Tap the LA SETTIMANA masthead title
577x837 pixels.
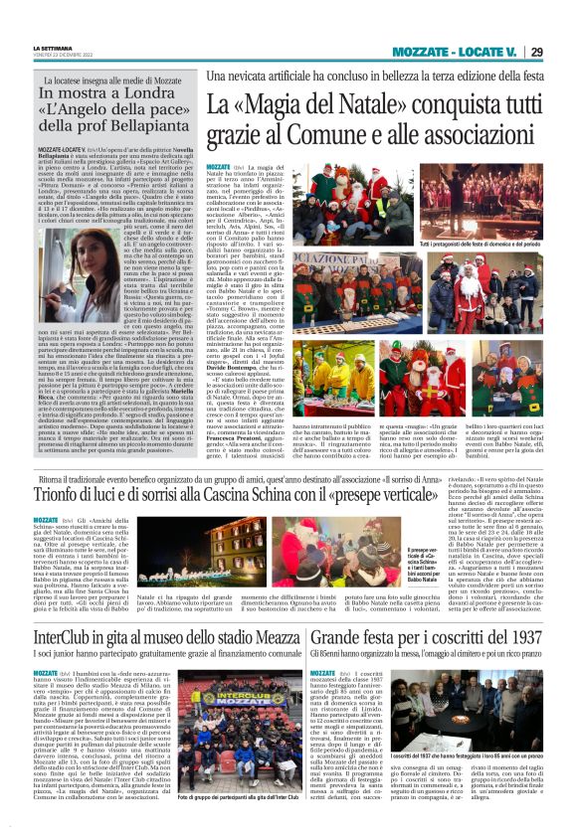[x=51, y=48]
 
